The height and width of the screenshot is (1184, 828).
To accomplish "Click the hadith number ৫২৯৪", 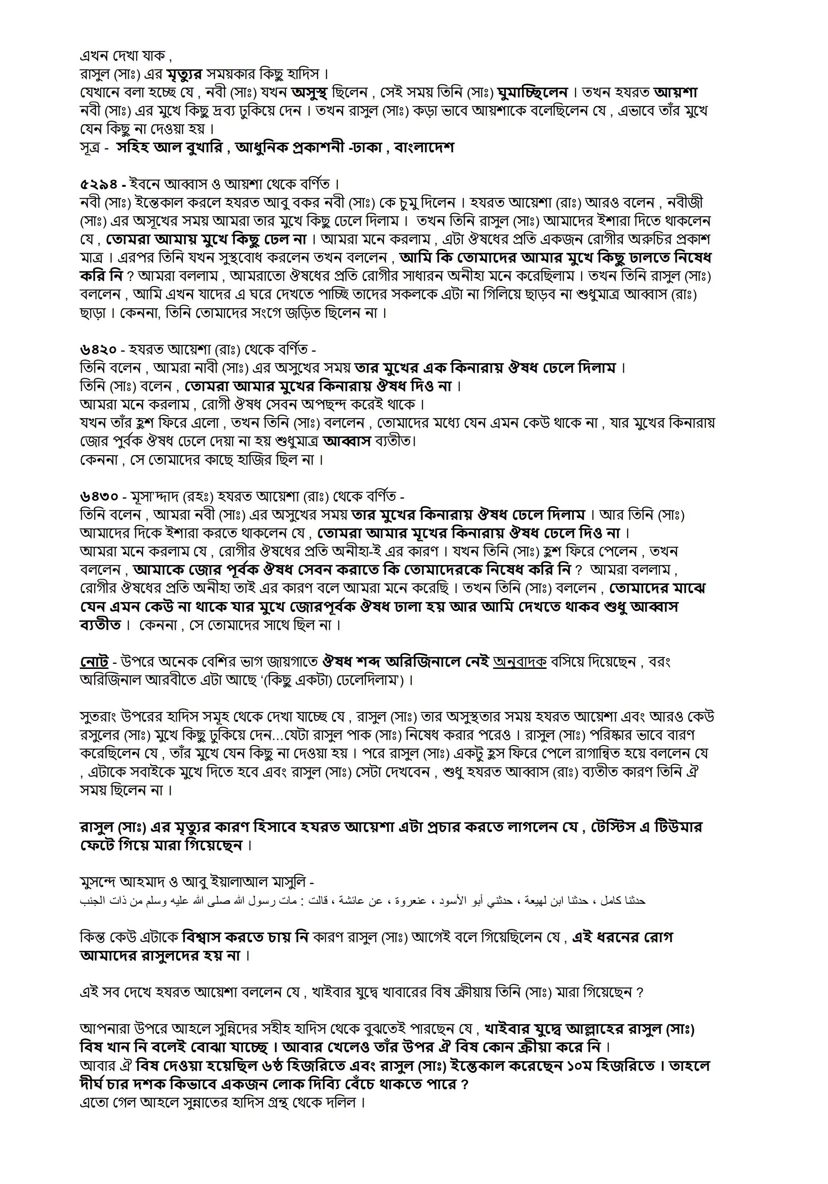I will click(x=98, y=184).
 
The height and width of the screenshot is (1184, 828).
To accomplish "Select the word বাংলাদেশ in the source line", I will click(x=424, y=148).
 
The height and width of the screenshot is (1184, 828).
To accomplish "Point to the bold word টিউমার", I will click(x=678, y=827).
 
